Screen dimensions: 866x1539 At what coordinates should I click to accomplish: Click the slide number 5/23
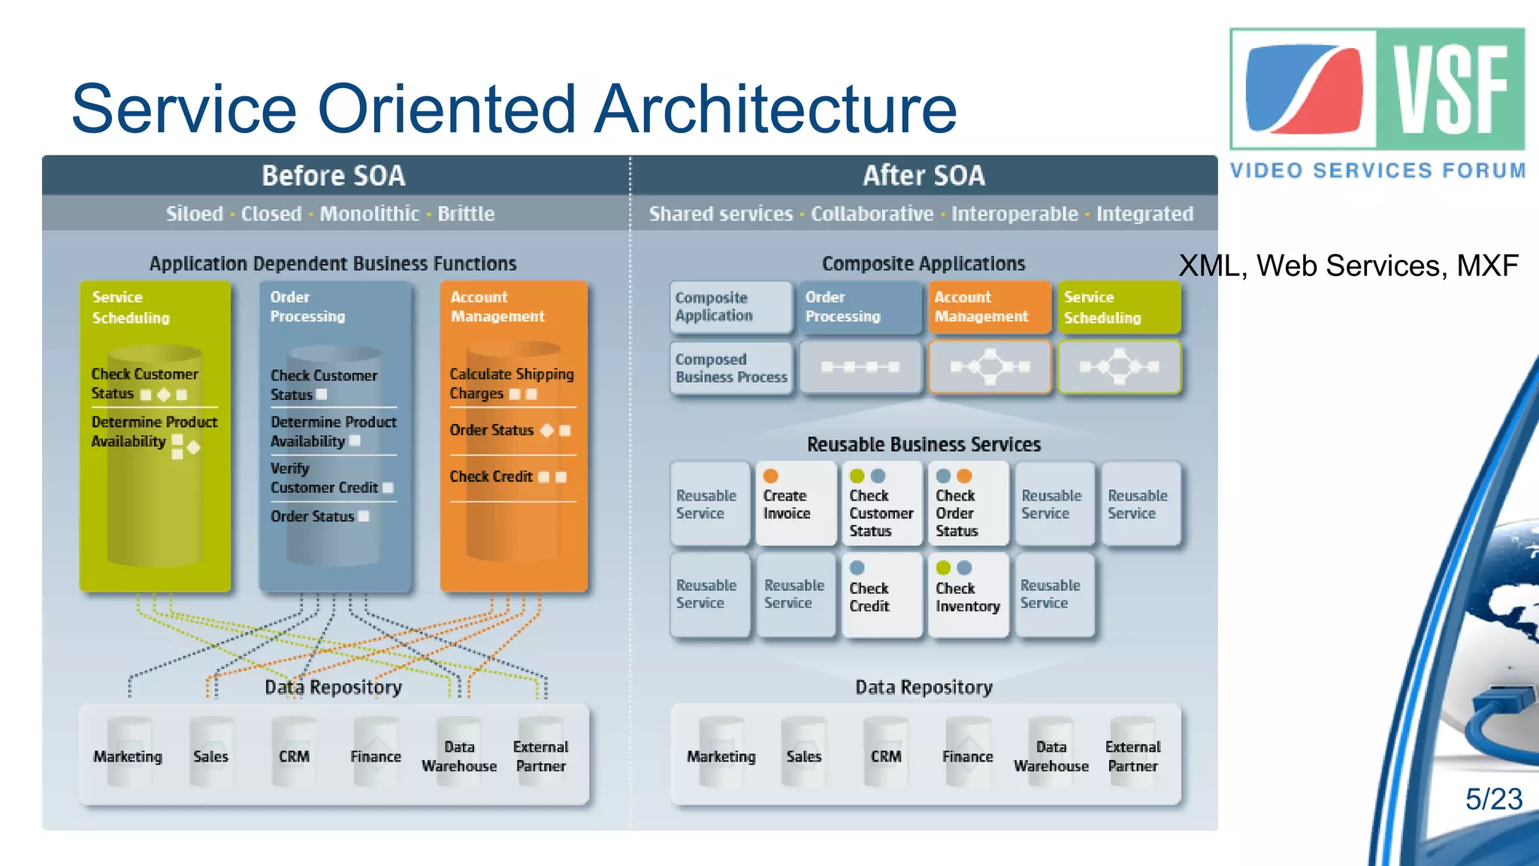(x=1493, y=799)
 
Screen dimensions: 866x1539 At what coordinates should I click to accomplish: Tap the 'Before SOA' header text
(x=333, y=176)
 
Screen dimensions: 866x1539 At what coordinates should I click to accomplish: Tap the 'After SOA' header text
(x=924, y=176)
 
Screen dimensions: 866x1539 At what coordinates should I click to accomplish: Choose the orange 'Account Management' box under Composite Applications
(x=989, y=307)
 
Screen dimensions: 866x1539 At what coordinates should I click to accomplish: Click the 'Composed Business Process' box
(x=731, y=368)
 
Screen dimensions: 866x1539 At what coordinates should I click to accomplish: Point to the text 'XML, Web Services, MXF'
(x=1348, y=266)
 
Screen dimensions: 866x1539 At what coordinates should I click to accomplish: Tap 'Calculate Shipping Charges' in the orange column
(x=511, y=383)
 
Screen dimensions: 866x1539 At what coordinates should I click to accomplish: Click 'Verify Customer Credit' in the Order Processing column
(x=325, y=478)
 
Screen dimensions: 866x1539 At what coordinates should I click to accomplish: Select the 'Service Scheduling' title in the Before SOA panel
(x=131, y=307)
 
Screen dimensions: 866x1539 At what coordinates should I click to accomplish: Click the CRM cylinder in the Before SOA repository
(x=294, y=755)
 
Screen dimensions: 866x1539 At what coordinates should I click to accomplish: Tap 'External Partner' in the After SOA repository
(x=1132, y=755)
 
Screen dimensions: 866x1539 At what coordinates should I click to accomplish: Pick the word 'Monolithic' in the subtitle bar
(x=369, y=214)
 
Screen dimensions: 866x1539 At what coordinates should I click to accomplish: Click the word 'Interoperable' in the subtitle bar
(x=1014, y=214)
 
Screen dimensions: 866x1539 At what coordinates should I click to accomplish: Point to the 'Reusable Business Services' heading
(x=924, y=444)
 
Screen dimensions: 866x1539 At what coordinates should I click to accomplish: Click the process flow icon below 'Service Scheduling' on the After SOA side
(x=1119, y=367)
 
